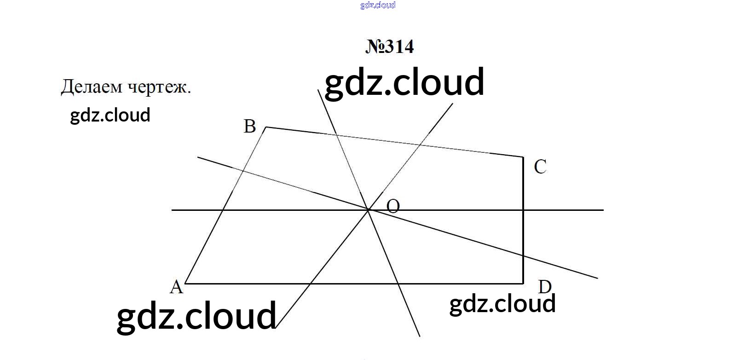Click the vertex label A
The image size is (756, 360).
click(177, 287)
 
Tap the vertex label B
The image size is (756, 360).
click(249, 127)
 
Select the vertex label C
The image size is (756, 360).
click(540, 167)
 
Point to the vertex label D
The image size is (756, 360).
click(545, 287)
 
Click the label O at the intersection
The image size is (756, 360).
click(393, 206)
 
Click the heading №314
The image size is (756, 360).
click(389, 46)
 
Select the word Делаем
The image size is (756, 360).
click(92, 87)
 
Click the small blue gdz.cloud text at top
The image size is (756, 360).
click(378, 5)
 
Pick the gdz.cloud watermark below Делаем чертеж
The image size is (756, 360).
click(110, 116)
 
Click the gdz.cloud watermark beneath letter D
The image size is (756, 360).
click(502, 304)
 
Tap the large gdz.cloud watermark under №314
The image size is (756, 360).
click(404, 82)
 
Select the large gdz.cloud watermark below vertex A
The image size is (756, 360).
click(196, 316)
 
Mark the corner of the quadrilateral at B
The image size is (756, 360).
click(266, 127)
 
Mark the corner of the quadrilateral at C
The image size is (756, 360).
click(523, 157)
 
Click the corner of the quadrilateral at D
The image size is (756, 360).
click(523, 284)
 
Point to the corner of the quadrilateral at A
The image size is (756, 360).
click(185, 284)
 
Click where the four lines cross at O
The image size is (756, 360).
click(369, 210)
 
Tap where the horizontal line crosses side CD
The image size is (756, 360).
click(523, 210)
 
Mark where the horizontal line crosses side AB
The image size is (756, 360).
click(223, 210)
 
